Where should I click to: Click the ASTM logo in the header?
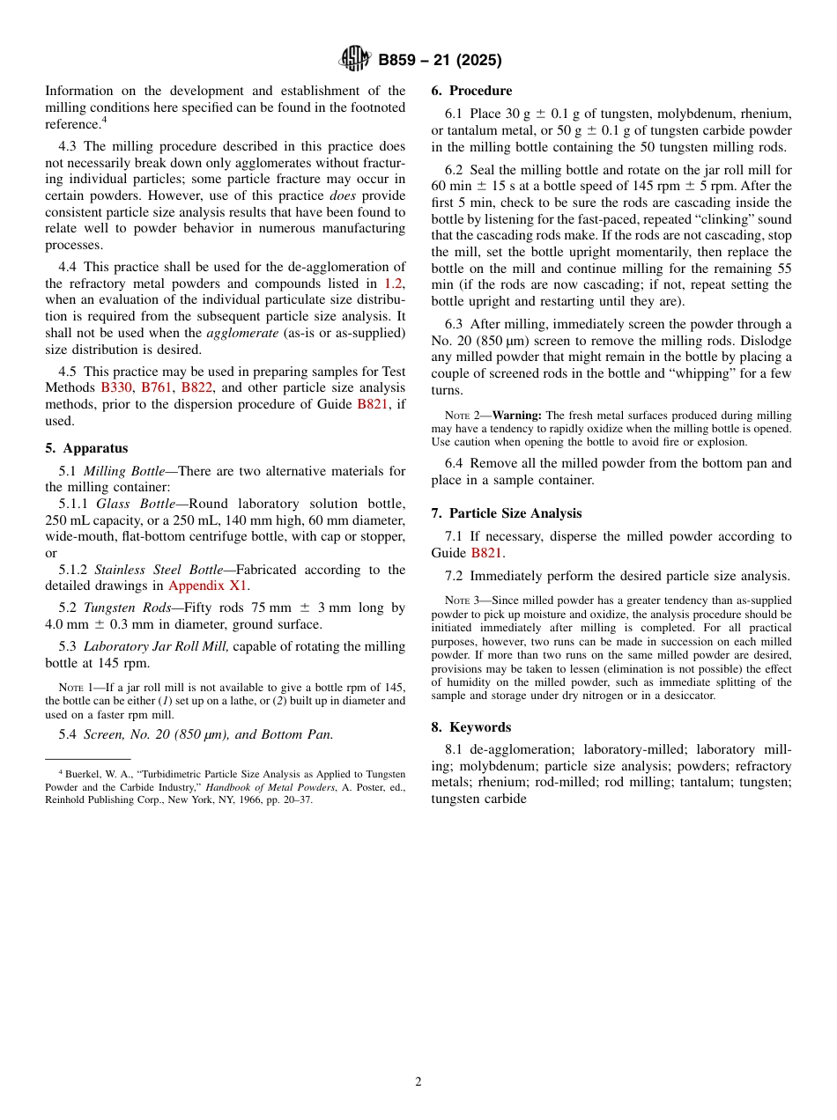355,60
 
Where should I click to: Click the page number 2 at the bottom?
418,1082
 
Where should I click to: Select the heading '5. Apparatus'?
86,448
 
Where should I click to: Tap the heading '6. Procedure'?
471,91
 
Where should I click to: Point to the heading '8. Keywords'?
470,727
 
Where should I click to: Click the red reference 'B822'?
197,387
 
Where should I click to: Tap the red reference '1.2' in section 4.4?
393,284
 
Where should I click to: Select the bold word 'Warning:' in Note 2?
517,416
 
